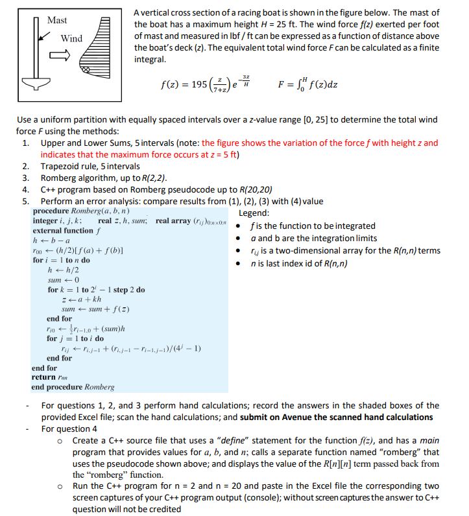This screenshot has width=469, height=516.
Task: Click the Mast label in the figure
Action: (x=56, y=20)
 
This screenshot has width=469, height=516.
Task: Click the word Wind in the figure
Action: (x=71, y=39)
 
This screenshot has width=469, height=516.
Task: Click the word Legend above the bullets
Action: (x=256, y=213)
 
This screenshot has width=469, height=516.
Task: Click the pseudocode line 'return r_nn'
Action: (x=52, y=377)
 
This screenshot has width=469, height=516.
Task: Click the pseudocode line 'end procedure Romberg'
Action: (x=73, y=387)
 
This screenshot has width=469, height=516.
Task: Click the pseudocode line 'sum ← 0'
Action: (x=62, y=279)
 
